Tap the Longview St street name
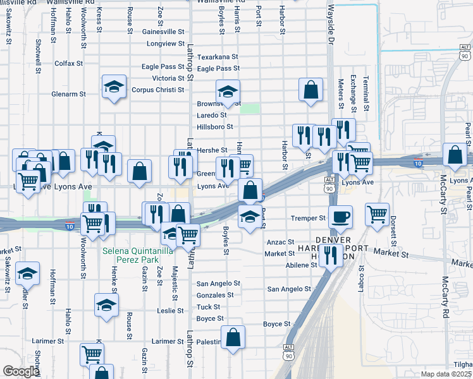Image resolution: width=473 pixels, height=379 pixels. [x=165, y=44]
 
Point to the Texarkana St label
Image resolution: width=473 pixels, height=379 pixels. [x=218, y=56]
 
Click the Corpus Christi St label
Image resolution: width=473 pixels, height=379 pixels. [x=158, y=90]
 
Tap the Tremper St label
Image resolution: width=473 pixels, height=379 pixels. [x=308, y=219]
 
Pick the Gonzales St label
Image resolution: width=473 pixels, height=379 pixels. [x=215, y=295]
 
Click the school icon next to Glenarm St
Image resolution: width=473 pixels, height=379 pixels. [x=114, y=87]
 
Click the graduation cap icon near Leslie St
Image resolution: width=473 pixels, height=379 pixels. [x=107, y=306]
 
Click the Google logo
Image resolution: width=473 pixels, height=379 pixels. [x=20, y=371]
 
